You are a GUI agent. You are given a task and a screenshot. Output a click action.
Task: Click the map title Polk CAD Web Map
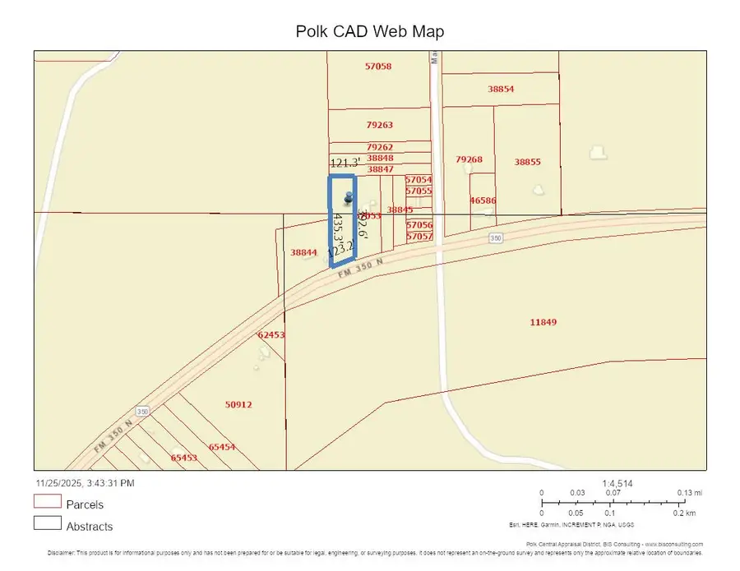click(x=370, y=31)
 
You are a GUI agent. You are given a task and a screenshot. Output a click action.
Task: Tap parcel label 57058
click(x=378, y=66)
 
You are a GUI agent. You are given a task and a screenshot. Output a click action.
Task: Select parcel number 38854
click(x=501, y=89)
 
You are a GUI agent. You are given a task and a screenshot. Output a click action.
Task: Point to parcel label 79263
click(x=380, y=125)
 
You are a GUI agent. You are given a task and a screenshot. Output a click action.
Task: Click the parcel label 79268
click(x=469, y=159)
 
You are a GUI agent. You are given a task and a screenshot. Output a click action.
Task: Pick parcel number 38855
click(x=527, y=162)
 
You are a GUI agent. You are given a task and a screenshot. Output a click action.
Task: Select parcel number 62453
click(x=271, y=335)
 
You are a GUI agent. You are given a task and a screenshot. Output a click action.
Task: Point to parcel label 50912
click(x=238, y=404)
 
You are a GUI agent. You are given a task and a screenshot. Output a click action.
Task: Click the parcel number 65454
click(x=222, y=447)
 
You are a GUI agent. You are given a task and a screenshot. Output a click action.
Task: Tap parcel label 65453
click(x=183, y=458)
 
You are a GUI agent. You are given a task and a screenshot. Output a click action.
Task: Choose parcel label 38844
click(x=303, y=252)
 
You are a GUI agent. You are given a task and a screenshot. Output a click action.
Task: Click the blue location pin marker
click(x=349, y=197)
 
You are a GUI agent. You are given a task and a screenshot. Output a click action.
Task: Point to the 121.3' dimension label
click(x=345, y=163)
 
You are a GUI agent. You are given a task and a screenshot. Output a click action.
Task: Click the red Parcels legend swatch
click(x=48, y=501)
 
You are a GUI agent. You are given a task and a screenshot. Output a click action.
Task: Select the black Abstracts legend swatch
click(x=48, y=523)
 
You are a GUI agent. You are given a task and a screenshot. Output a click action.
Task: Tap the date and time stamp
click(x=85, y=483)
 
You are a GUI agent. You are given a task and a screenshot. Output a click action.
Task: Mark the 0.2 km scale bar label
click(x=684, y=512)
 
